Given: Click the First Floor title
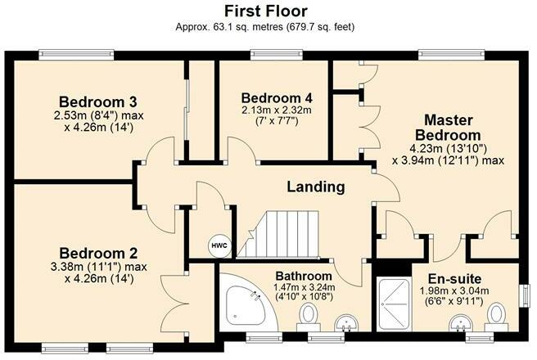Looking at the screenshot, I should pos(268,11).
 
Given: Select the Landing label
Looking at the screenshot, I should pos(315,187).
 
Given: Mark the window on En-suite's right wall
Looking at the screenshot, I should pos(526,296).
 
